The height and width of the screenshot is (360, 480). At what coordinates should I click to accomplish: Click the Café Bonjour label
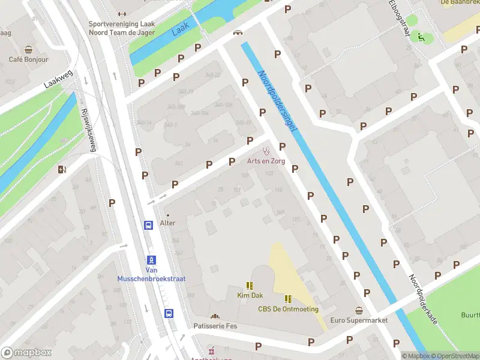pyautogui.click(x=28, y=60)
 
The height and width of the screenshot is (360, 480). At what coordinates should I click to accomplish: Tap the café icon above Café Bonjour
pyautogui.click(x=28, y=50)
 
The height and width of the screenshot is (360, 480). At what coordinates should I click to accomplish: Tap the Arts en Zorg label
pyautogui.click(x=266, y=161)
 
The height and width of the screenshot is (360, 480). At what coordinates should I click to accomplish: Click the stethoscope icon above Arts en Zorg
pyautogui.click(x=266, y=151)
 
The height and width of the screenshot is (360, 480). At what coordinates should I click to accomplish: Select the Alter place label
pyautogui.click(x=167, y=223)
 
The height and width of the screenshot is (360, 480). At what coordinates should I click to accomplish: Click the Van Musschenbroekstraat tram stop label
pyautogui.click(x=151, y=275)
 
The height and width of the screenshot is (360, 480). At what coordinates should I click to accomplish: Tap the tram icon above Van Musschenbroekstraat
pyautogui.click(x=151, y=260)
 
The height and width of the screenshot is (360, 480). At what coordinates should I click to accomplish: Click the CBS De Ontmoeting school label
pyautogui.click(x=288, y=309)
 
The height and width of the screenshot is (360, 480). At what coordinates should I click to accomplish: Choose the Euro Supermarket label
pyautogui.click(x=359, y=320)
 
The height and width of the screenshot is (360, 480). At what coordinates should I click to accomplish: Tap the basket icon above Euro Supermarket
pyautogui.click(x=359, y=310)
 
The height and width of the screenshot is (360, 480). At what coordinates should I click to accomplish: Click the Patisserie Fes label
pyautogui.click(x=215, y=326)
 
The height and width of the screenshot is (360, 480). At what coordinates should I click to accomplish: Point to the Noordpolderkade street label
pyautogui.click(x=423, y=300)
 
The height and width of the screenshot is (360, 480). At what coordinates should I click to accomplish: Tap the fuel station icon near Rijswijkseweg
pyautogui.click(x=61, y=169)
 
